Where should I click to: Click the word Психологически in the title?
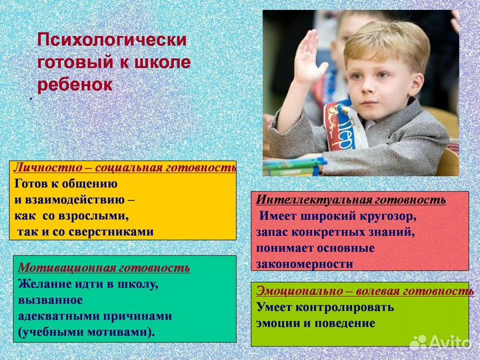point(111,39)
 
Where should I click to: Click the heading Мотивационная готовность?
point(104,267)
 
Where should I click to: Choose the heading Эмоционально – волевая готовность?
point(365,291)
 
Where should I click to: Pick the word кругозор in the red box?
point(387,216)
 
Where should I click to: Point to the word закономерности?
point(304,264)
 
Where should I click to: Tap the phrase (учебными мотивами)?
point(86,332)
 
